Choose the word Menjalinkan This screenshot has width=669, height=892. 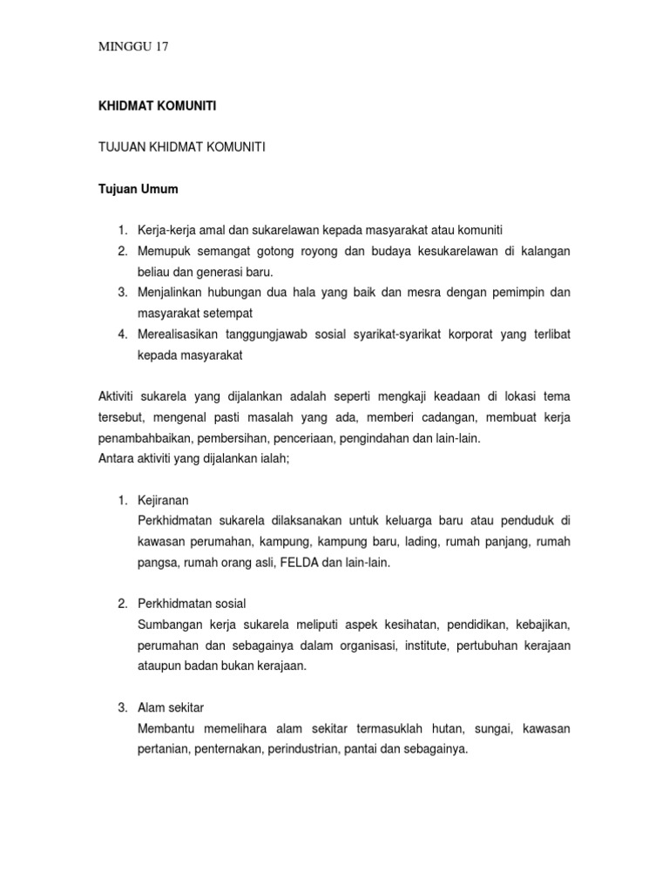coord(174,293)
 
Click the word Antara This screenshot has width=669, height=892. coord(116,460)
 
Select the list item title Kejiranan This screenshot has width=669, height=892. coord(163,501)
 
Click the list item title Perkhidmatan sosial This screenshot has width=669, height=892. coord(193,604)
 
